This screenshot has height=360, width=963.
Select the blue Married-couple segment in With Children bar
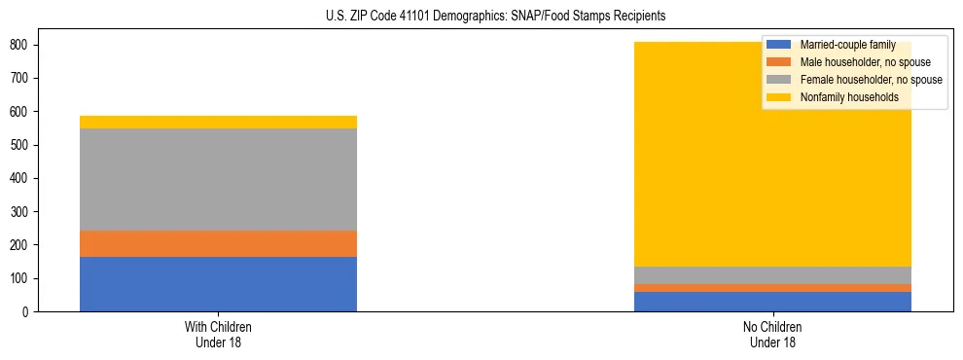[x=218, y=284]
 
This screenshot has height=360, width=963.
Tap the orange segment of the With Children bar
[x=218, y=243]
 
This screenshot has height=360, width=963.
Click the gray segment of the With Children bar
[x=218, y=179]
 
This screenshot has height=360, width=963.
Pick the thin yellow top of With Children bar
[x=218, y=122]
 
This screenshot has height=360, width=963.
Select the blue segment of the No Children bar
[x=773, y=302]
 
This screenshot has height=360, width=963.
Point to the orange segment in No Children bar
[x=773, y=288]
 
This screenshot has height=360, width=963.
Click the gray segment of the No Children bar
[x=773, y=275]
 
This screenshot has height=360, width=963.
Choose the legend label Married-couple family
[x=847, y=46]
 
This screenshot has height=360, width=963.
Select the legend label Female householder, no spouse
[x=871, y=80]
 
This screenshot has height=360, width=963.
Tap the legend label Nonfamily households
[x=848, y=97]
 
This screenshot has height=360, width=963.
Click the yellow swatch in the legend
[x=779, y=97]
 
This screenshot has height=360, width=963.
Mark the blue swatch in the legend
[x=779, y=46]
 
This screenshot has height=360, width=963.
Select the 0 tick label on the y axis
[x=27, y=312]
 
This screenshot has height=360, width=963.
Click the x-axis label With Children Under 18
[x=218, y=334]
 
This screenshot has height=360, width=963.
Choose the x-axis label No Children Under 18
[x=773, y=334]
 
